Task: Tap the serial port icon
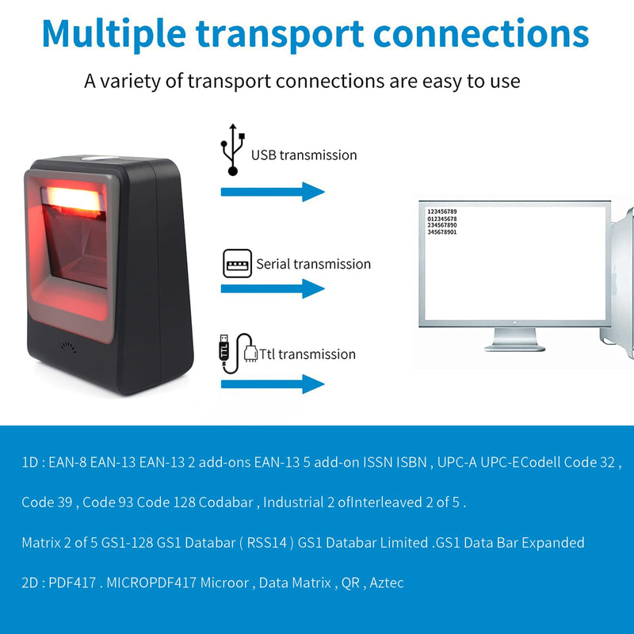coord(237,263)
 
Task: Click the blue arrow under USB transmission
coord(273,192)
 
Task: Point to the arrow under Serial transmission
coord(273,288)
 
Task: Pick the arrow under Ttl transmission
coord(273,385)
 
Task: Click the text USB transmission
coord(304,155)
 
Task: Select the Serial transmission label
coord(313,264)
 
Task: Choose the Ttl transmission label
coord(307,354)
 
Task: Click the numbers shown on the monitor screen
coord(441,222)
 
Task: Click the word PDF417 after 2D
coord(70,583)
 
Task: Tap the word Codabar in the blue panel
coord(226,502)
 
